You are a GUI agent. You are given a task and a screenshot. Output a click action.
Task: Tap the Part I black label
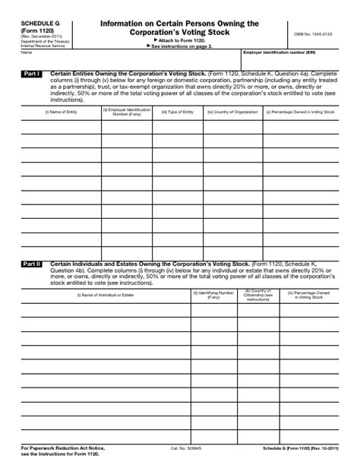32,74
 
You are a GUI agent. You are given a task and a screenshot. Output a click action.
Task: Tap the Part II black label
32,264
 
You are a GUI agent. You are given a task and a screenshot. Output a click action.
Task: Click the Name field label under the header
26,52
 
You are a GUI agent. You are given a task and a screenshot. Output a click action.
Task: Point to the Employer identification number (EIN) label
279,52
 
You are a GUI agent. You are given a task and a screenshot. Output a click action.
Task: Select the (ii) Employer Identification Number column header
126,112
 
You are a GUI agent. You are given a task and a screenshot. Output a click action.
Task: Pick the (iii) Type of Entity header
177,112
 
